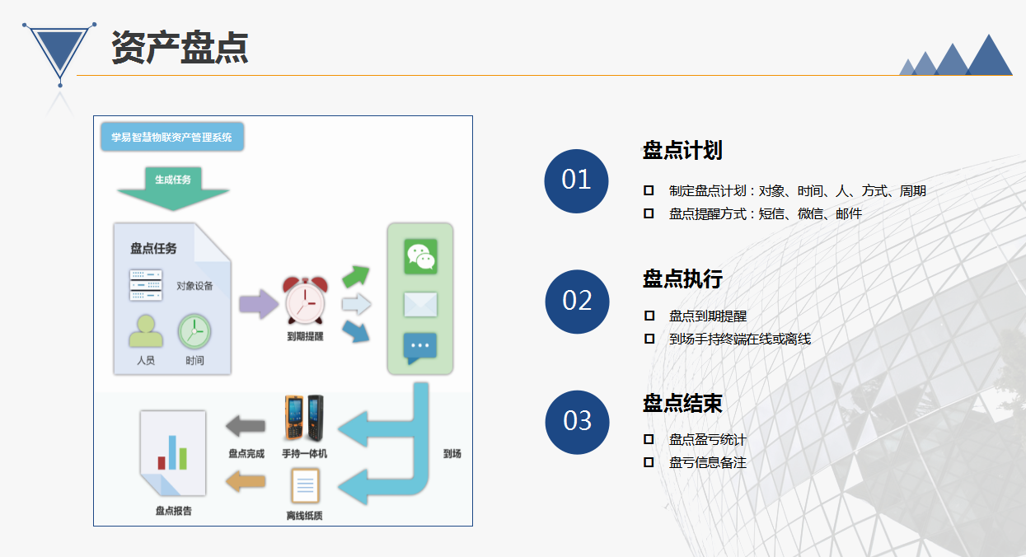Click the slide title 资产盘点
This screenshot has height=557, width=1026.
[x=180, y=47]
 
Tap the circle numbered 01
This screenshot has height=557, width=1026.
[x=576, y=181]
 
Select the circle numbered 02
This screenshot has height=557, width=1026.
[x=577, y=302]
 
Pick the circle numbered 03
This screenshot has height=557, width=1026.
[x=577, y=422]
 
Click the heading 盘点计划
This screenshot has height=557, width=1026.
[x=682, y=150]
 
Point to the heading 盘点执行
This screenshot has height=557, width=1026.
[x=682, y=278]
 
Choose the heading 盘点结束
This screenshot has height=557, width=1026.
[x=682, y=404]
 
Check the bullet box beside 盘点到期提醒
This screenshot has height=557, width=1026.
[x=649, y=316]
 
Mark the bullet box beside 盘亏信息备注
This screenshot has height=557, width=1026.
[x=649, y=462]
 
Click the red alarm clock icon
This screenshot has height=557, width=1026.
[x=305, y=301]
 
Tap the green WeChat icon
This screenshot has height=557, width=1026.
[x=420, y=256]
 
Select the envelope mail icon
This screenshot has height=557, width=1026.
[x=420, y=304]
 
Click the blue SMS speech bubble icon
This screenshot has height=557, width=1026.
[x=420, y=348]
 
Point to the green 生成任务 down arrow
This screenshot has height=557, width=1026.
[x=173, y=189]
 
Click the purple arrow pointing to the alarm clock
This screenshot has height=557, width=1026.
[x=259, y=304]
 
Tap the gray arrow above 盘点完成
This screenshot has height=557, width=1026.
[x=246, y=426]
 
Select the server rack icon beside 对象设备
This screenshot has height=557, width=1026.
[x=146, y=285]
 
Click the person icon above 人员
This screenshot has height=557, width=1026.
[x=146, y=330]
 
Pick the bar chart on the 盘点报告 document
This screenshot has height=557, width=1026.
[x=172, y=452]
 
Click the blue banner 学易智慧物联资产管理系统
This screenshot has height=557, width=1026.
[x=172, y=137]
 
